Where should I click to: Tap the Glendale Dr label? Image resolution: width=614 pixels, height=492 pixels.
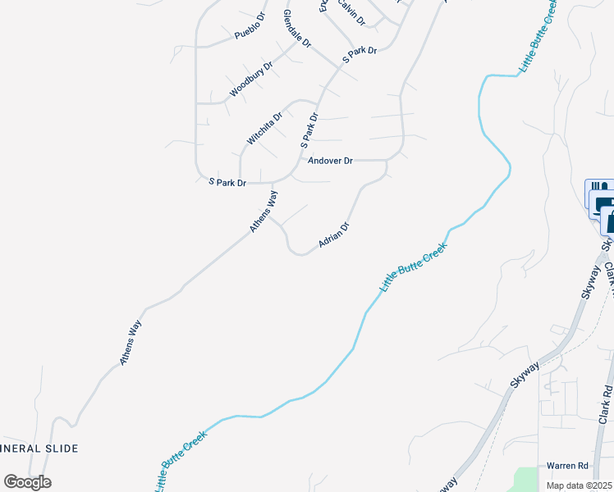click(297, 28)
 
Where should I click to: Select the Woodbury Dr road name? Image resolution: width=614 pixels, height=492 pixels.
click(250, 80)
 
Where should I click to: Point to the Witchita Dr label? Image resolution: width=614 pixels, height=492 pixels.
click(265, 128)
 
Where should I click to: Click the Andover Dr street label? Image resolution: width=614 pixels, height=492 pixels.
click(330, 161)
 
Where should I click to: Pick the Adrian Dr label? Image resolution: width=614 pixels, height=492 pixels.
click(334, 235)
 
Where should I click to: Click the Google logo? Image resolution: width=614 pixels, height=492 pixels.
click(27, 482)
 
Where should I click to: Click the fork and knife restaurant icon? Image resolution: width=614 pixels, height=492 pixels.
click(597, 188)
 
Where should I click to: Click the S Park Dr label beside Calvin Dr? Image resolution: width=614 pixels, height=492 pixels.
click(359, 52)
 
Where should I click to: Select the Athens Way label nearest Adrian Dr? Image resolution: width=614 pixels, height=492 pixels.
click(263, 211)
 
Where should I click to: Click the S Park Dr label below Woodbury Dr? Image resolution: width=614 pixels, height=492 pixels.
click(227, 182)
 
